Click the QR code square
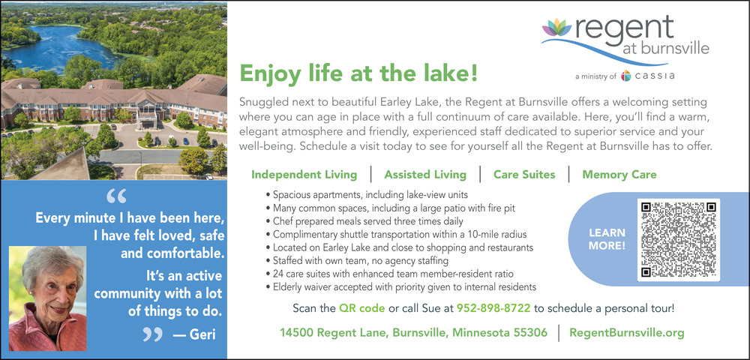(678, 239)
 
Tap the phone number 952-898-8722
(493, 308)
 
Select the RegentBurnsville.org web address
(626, 333)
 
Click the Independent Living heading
(304, 175)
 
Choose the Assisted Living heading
(425, 175)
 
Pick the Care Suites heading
(524, 175)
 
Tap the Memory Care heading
(619, 175)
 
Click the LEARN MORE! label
(607, 239)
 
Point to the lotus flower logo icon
(556, 28)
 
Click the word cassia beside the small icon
(654, 76)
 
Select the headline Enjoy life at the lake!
(358, 73)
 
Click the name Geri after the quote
(203, 334)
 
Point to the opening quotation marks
(117, 196)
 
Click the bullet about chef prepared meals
(364, 221)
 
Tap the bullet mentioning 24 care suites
(389, 274)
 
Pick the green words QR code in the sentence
(361, 308)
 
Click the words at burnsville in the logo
(666, 49)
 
